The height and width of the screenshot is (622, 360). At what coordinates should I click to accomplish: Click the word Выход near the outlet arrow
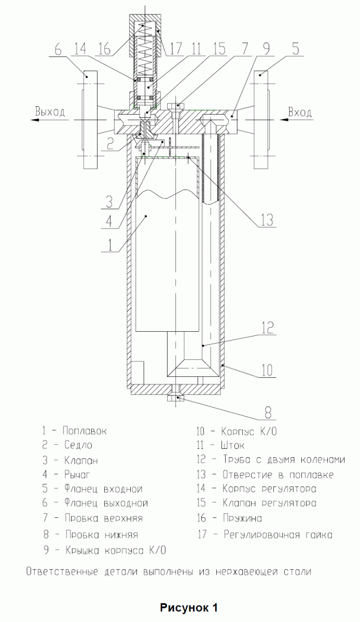50,111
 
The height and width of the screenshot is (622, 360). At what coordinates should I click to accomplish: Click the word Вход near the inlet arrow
300,112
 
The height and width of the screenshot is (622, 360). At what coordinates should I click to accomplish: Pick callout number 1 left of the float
110,243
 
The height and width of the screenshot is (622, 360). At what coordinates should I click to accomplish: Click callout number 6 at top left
58,50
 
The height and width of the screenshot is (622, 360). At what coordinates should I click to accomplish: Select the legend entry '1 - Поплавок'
75,431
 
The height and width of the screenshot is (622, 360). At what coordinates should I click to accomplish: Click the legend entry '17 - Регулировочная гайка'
265,534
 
